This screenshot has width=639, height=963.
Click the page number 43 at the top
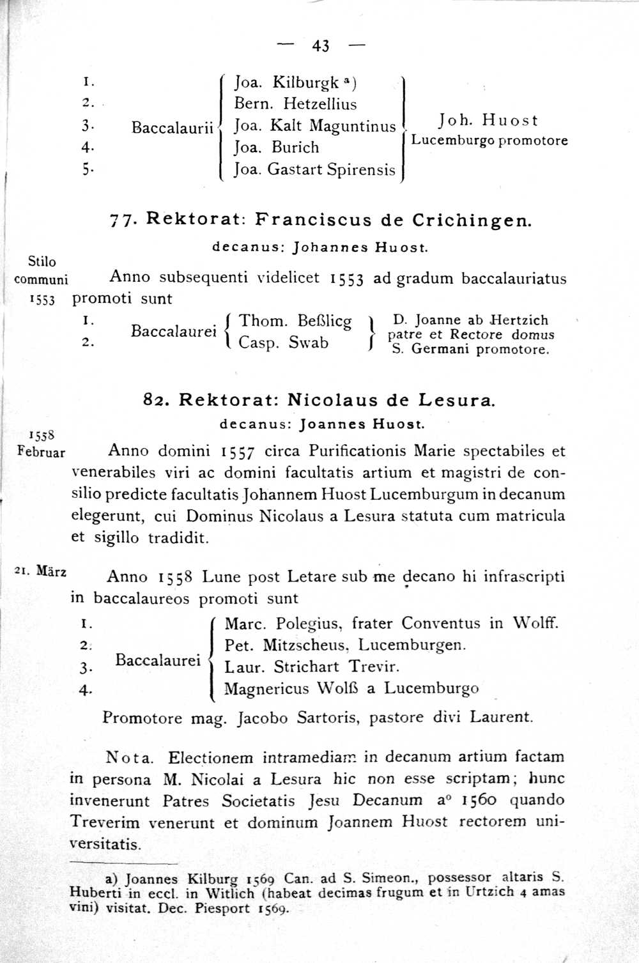pos(321,45)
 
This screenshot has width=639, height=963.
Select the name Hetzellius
pos(320,104)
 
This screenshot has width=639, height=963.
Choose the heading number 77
pos(120,220)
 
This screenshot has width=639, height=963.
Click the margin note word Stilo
pos(42,261)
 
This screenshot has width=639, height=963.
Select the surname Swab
pos(309,343)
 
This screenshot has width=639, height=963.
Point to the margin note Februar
pos(42,452)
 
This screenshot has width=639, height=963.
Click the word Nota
pos(130,759)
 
